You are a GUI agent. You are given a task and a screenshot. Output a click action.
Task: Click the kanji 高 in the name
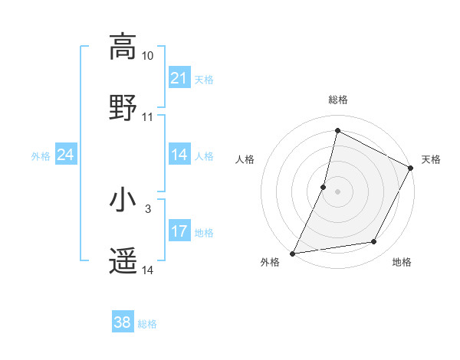[123, 47]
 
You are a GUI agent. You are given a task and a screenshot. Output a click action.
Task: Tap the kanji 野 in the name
[123, 107]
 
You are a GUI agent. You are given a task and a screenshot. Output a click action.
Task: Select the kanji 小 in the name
[123, 200]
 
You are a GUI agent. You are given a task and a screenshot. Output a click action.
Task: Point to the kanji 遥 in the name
[123, 261]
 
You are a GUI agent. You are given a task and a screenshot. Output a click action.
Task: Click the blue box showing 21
[179, 78]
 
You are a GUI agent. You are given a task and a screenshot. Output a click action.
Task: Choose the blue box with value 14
[179, 155]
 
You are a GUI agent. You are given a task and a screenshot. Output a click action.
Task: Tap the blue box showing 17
[179, 231]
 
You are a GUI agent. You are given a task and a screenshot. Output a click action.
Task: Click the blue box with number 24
[65, 155]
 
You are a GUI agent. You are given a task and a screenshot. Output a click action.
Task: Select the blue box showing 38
[122, 322]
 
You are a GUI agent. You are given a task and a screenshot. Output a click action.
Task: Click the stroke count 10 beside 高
[148, 56]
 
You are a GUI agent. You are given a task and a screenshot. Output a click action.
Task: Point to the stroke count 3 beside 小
[148, 208]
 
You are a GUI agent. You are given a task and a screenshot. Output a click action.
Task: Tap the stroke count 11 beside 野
[148, 117]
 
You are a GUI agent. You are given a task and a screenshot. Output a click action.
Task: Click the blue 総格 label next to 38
[147, 324]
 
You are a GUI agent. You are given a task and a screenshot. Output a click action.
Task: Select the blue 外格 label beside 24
[41, 155]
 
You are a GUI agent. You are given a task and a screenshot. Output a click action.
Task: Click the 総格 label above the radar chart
[337, 100]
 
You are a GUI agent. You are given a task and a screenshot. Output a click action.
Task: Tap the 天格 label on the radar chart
[431, 159]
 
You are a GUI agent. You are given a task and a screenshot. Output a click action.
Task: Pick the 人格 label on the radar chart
[245, 159]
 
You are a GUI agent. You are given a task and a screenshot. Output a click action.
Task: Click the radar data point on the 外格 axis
[292, 253]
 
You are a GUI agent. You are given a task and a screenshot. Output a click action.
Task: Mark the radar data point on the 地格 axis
[374, 242]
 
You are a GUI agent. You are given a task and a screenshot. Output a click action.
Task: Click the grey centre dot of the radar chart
[337, 191]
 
